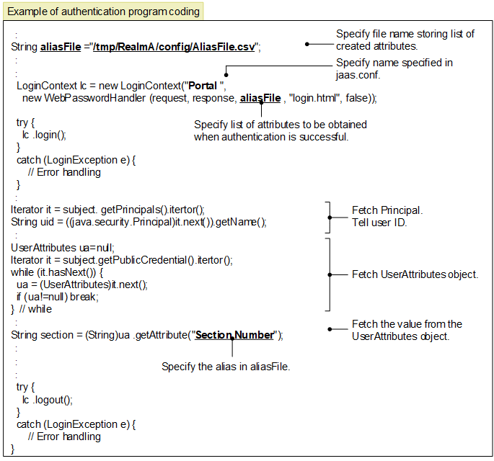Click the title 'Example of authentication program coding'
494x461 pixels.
103,12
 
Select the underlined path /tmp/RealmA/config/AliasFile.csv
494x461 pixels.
174,47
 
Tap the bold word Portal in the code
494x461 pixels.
203,86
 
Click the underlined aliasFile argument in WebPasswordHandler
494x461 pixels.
260,98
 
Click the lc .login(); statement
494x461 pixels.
44,135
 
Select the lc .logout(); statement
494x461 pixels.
48,400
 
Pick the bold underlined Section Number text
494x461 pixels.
234,335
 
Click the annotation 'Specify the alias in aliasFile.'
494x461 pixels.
226,367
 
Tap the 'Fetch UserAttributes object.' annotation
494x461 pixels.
415,274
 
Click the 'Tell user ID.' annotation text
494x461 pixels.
379,223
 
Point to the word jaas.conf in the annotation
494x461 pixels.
358,75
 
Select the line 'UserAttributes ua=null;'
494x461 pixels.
63,248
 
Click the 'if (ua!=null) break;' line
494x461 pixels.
58,297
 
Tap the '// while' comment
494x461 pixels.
35,309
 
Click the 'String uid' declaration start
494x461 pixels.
32,222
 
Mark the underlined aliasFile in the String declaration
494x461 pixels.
61,47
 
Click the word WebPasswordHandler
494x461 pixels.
94,98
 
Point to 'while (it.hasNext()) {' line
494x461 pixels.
57,272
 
